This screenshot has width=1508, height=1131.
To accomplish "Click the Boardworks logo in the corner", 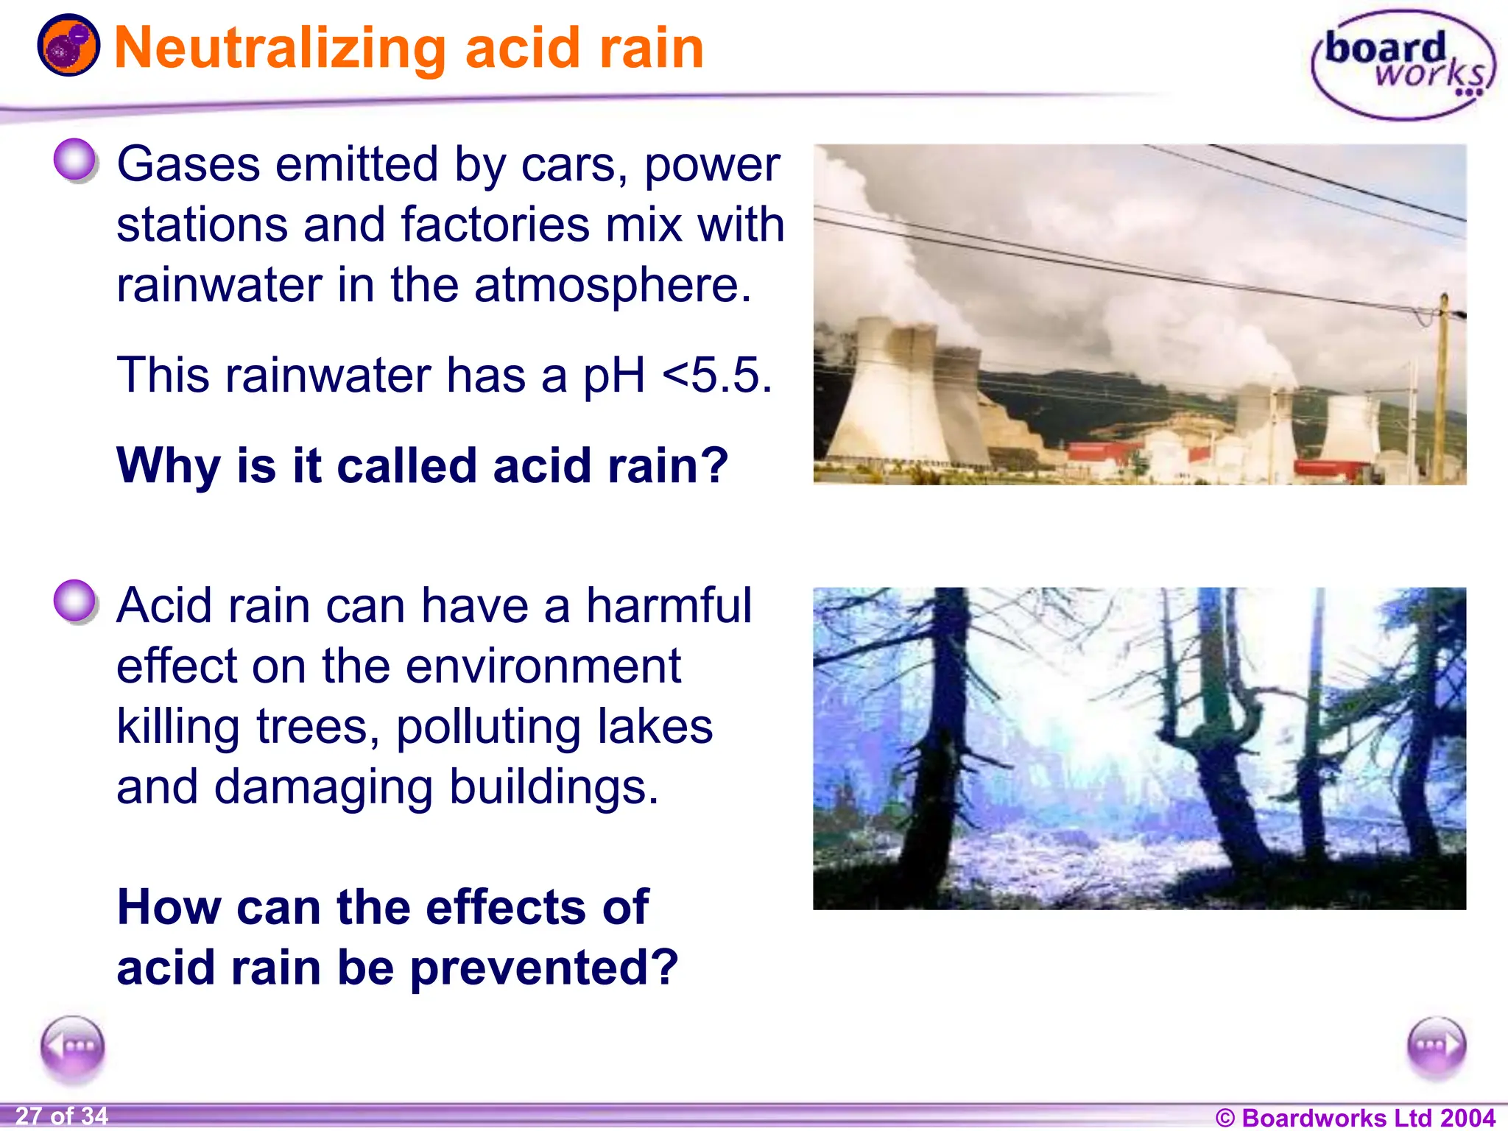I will tap(1403, 64).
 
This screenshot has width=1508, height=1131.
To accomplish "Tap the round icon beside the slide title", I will tap(68, 46).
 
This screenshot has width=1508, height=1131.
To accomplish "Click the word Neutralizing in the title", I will tap(281, 49).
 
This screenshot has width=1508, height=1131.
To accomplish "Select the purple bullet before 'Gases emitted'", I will tap(75, 160).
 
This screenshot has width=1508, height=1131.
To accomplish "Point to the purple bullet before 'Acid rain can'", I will tap(75, 602).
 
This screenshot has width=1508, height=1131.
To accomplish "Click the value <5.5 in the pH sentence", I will tap(717, 376).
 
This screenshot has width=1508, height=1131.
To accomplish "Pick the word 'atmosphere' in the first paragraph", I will tap(613, 286).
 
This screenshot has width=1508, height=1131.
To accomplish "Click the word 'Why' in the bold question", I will tap(169, 465).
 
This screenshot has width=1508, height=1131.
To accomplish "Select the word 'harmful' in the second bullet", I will tap(669, 606).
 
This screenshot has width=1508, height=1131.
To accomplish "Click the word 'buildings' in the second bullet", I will tap(554, 787).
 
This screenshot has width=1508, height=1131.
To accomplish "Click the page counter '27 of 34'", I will tap(62, 1116).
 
